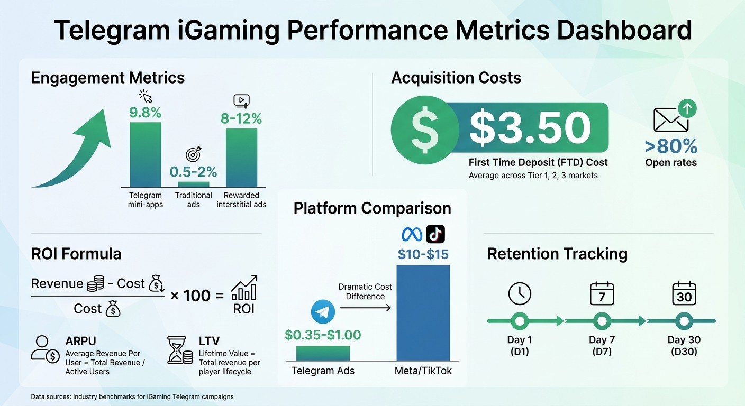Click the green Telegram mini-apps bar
[146, 154]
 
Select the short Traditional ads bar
[193, 184]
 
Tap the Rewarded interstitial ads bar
[241, 158]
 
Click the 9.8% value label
[146, 113]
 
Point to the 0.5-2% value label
[193, 172]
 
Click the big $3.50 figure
[530, 127]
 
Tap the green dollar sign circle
[424, 127]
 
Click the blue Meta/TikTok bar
[423, 312]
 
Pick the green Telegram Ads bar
[323, 353]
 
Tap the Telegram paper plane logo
[323, 312]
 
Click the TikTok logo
[435, 234]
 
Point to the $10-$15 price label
[423, 254]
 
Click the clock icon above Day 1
[519, 293]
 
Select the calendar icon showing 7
[602, 293]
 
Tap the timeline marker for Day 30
[684, 321]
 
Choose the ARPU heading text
[81, 341]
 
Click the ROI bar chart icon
[244, 289]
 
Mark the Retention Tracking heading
[557, 254]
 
